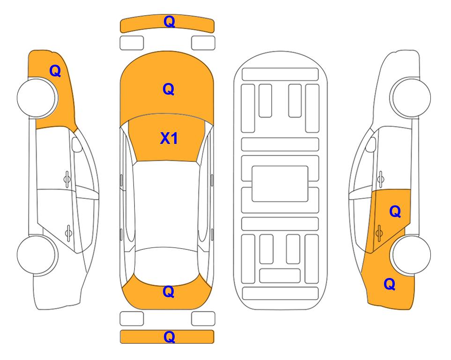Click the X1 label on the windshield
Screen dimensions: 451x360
(169, 138)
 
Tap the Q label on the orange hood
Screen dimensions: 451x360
(169, 89)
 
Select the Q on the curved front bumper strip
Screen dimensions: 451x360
(169, 22)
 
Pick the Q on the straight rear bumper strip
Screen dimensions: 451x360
(169, 337)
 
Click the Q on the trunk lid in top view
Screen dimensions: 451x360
(169, 292)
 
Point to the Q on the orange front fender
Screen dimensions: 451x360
(55, 71)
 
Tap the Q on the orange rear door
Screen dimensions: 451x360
(395, 212)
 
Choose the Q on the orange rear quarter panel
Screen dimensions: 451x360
(390, 284)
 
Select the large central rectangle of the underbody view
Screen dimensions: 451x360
(280, 184)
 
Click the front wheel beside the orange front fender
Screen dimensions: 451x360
(37, 97)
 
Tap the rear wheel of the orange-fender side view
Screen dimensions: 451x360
(37, 255)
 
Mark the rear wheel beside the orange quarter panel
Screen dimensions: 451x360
(411, 255)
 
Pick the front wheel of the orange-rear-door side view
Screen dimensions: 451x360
(411, 97)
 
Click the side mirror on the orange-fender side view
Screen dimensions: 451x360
(76, 144)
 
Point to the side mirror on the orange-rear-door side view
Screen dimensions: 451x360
(371, 144)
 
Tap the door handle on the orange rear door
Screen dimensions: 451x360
(379, 233)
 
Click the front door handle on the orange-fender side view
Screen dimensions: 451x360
(67, 179)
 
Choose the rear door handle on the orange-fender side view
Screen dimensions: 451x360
(68, 233)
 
